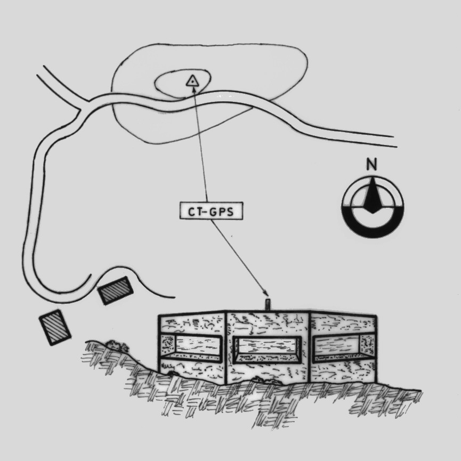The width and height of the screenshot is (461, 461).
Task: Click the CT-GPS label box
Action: point(211,211)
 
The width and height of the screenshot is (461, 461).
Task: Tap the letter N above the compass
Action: point(371,165)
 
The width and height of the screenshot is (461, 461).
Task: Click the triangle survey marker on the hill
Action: point(192,80)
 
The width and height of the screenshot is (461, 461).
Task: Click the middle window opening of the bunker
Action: point(267,350)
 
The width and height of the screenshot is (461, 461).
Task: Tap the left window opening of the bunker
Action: point(190,348)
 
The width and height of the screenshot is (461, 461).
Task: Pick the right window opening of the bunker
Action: point(343,348)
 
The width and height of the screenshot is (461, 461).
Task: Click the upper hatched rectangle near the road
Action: point(115,290)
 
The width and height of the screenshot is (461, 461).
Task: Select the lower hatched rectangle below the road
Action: point(55,327)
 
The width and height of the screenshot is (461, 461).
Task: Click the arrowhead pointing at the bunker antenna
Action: point(265,294)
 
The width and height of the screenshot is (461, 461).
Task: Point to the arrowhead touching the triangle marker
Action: point(194,90)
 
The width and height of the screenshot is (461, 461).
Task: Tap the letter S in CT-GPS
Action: point(230,212)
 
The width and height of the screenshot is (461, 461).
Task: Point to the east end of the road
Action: point(395,141)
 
